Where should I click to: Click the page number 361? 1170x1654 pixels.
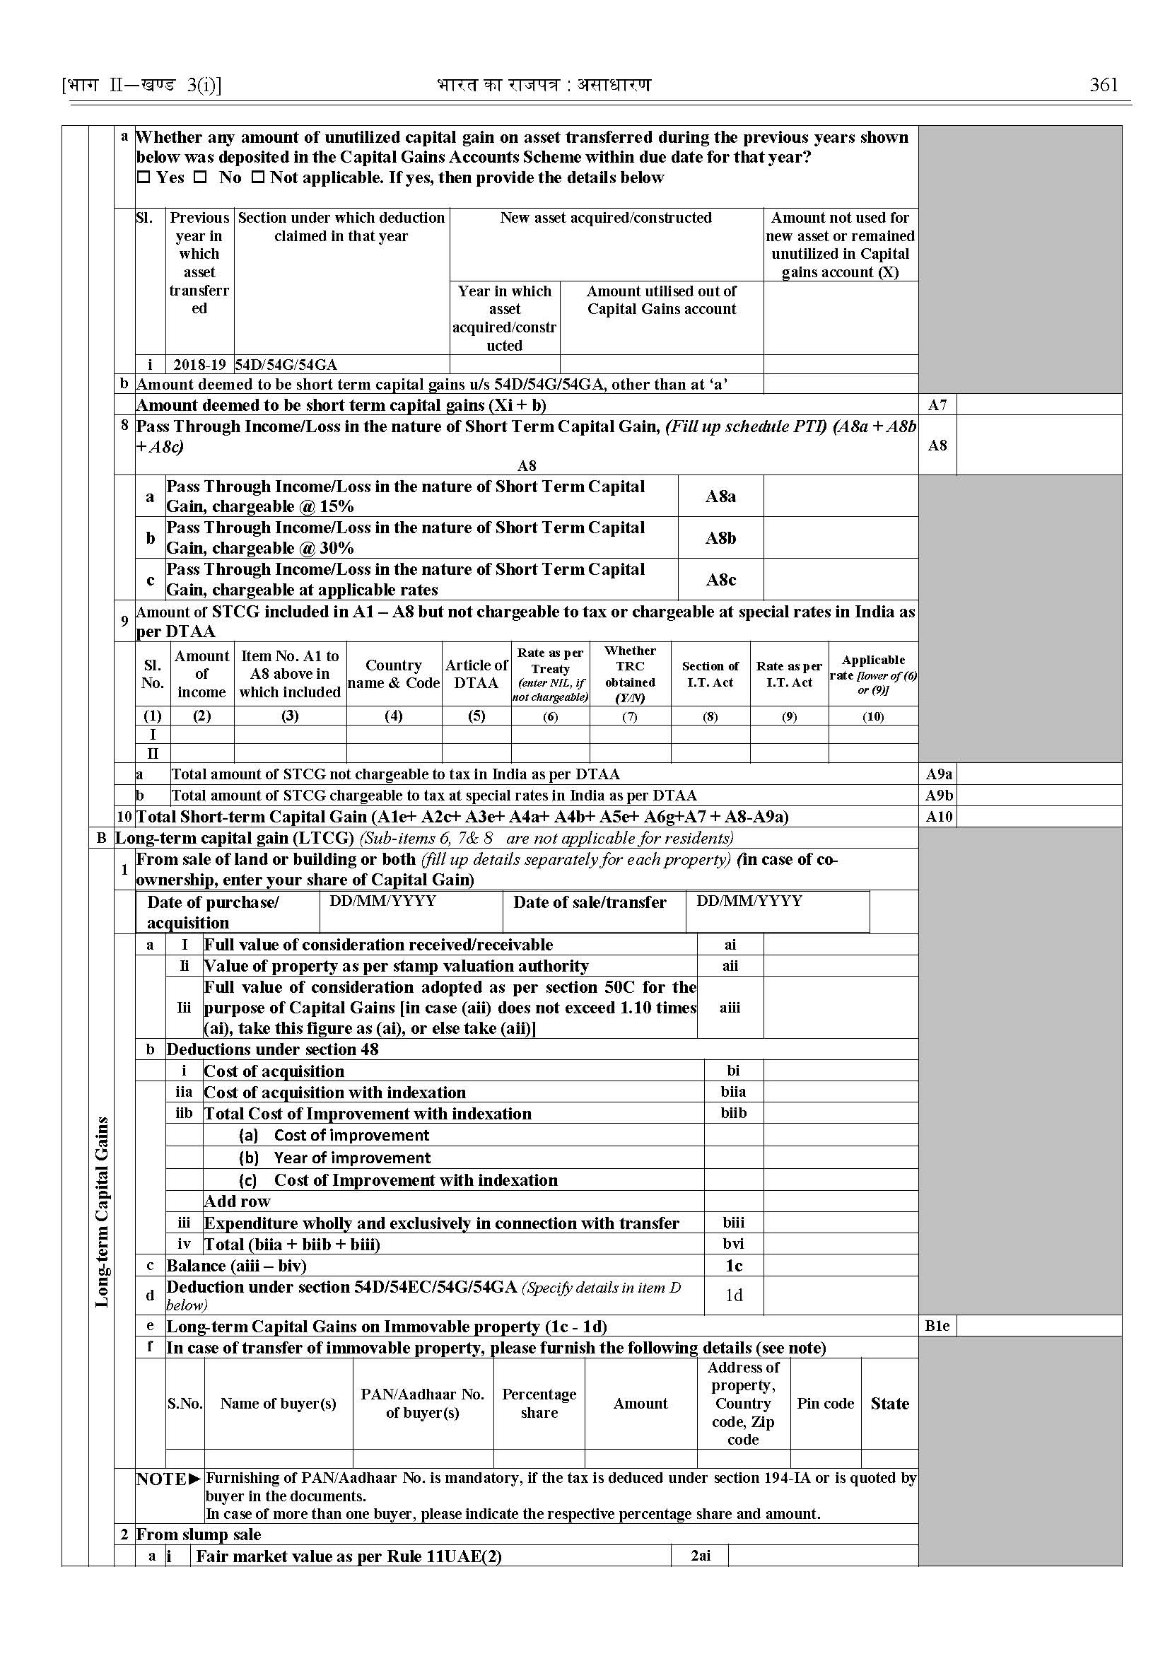(x=1103, y=85)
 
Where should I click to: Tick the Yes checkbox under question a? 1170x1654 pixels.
(x=143, y=177)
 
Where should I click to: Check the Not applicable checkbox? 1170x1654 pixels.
(x=257, y=177)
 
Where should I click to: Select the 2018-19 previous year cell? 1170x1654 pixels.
(x=199, y=365)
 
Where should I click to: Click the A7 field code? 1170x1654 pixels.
(x=937, y=405)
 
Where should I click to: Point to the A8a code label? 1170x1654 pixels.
(x=720, y=496)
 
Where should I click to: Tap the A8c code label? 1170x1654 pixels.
(x=720, y=580)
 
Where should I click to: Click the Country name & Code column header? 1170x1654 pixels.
(x=393, y=674)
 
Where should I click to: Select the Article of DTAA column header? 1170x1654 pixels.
(x=476, y=674)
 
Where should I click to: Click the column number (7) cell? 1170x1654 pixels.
(x=630, y=716)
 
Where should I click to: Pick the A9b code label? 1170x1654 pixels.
(x=939, y=796)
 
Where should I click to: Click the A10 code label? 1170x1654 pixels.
(x=939, y=817)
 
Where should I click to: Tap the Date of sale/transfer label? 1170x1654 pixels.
(x=590, y=902)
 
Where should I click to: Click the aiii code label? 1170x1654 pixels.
(x=730, y=1008)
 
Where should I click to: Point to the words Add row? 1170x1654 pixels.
(x=237, y=1201)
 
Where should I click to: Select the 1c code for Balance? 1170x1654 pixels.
(x=733, y=1266)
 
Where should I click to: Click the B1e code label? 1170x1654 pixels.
(x=937, y=1326)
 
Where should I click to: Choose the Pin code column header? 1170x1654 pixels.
(x=825, y=1403)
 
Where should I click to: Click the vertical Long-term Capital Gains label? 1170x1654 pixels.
(x=103, y=1211)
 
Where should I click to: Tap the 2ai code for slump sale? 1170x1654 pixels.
(x=700, y=1556)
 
